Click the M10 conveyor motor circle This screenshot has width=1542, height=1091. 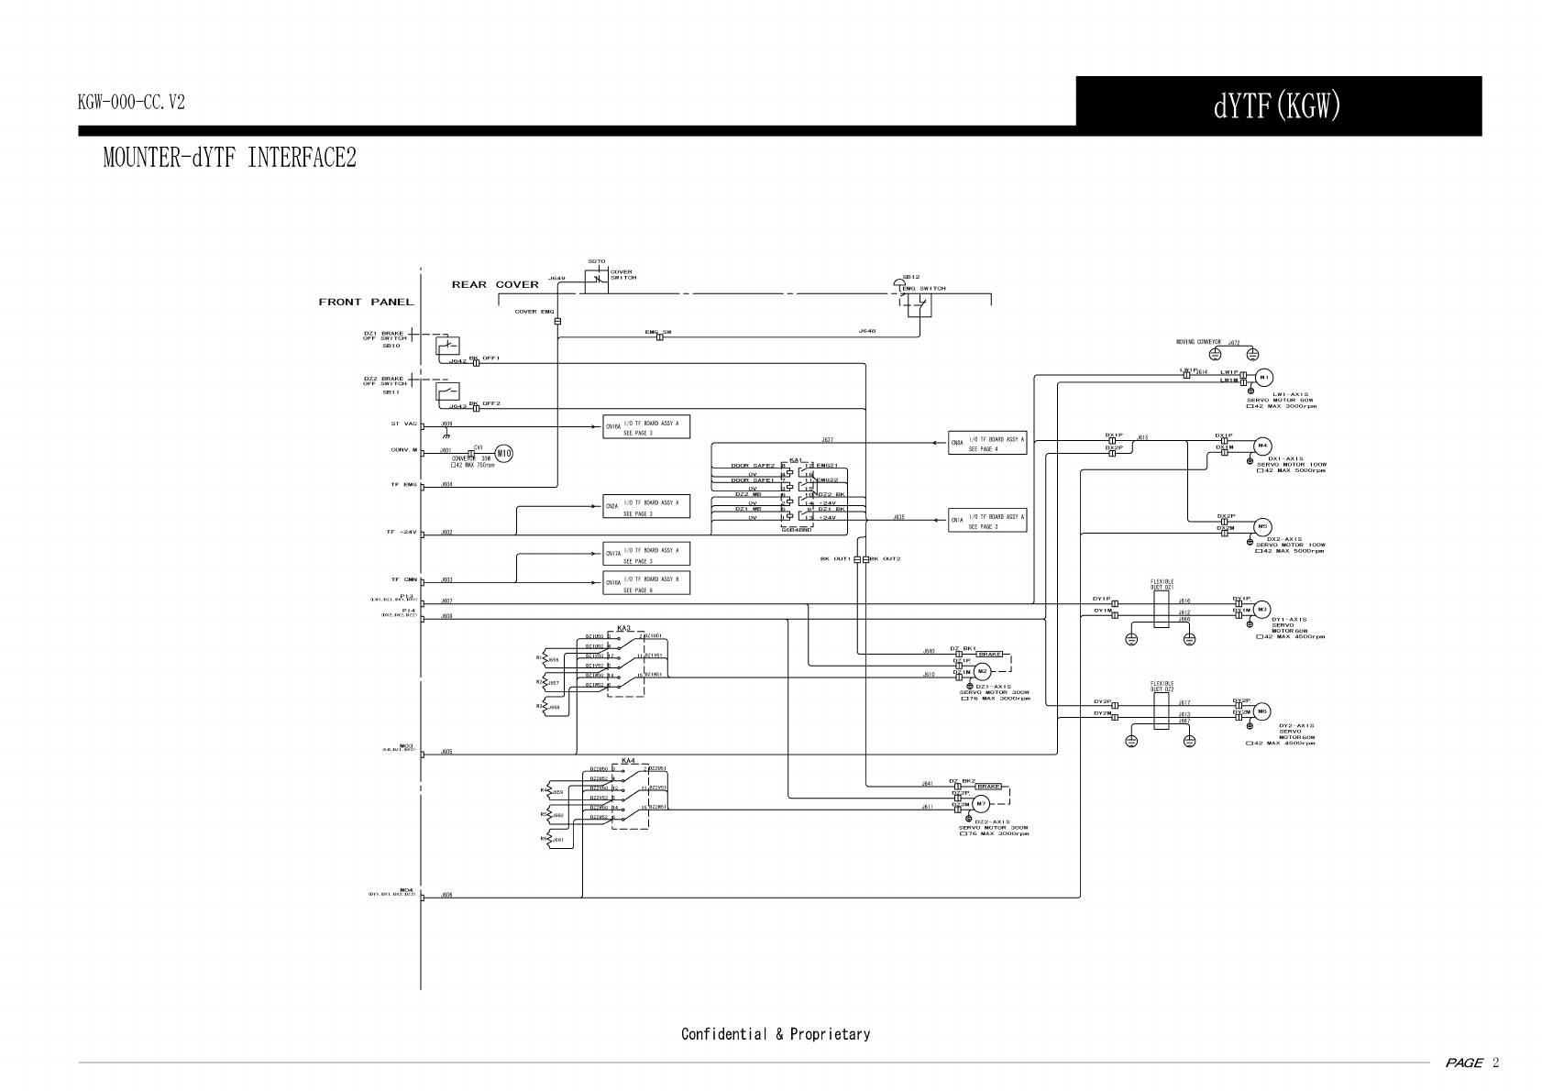pos(503,453)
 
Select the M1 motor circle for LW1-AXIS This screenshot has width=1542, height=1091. pos(1263,377)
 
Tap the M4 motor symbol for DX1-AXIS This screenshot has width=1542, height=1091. pos(1262,446)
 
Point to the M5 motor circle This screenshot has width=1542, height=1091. pos(1262,526)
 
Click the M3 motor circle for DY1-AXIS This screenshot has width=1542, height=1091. pos(1262,609)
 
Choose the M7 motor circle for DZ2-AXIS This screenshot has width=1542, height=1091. pos(980,804)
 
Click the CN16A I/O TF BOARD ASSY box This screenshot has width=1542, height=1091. pos(646,427)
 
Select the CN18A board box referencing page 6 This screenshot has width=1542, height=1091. pos(646,584)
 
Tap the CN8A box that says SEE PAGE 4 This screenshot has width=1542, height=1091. pos(987,445)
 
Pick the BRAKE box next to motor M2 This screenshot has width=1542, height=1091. pos(989,654)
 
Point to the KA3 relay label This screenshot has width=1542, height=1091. pos(624,628)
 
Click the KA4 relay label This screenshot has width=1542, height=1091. pos(628,761)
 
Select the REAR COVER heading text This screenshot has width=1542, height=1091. pos(495,284)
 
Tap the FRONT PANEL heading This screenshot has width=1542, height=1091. pos(366,303)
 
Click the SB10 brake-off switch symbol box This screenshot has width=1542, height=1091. pos(447,347)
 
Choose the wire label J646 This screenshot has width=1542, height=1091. pos(866,330)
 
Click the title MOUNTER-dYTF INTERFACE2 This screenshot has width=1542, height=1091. pos(229,158)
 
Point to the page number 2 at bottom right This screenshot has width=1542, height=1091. pos(1495,1063)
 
